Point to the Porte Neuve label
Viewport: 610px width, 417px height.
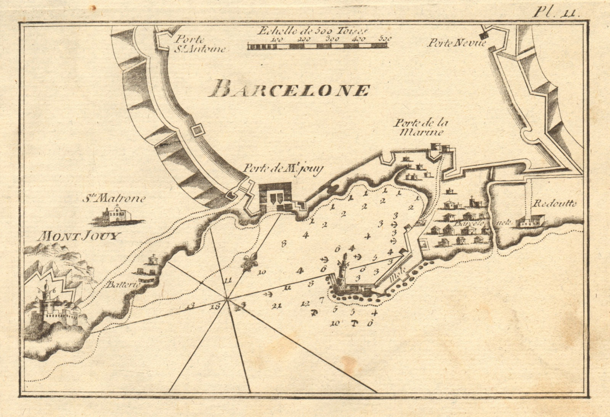pyautogui.click(x=456, y=43)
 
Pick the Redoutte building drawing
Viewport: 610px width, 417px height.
pyautogui.click(x=530, y=221)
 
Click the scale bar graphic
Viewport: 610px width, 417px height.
pyautogui.click(x=317, y=46)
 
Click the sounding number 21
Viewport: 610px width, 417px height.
pyautogui.click(x=278, y=305)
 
